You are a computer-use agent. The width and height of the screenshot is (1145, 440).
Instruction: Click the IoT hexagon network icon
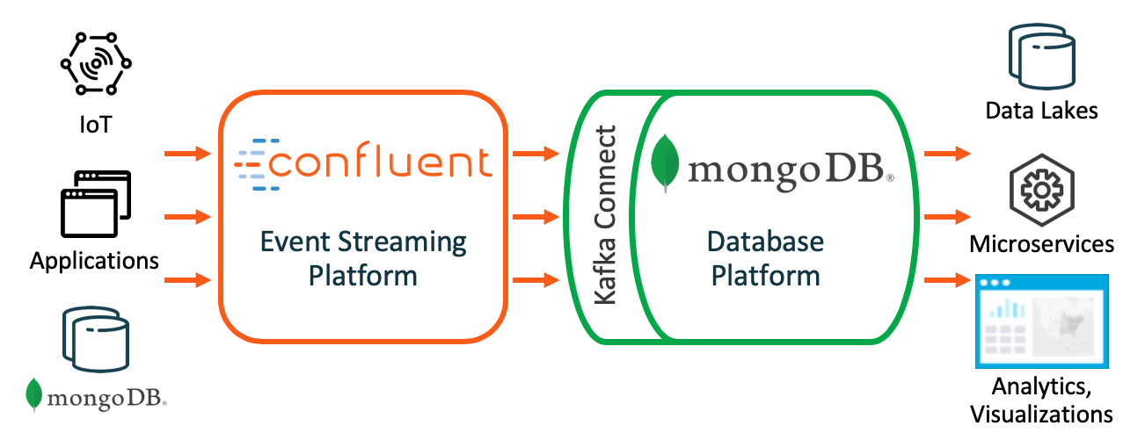[95, 64]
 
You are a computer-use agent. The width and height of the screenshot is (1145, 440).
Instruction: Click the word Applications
[94, 261]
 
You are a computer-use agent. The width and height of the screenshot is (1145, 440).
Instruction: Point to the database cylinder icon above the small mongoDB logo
[95, 337]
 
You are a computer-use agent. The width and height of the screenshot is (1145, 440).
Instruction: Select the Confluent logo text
[362, 164]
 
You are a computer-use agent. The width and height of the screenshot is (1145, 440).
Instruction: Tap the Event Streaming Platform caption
[362, 258]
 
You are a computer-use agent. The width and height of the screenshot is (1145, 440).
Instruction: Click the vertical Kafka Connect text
[605, 215]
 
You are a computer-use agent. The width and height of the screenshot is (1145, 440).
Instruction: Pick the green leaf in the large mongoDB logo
[665, 161]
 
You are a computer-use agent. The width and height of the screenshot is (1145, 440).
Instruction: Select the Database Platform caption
[765, 258]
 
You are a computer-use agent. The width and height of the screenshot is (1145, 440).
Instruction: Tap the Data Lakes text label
[1041, 111]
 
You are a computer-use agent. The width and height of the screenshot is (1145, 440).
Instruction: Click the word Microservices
[1041, 243]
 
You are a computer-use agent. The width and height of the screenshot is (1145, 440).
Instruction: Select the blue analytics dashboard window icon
[1041, 321]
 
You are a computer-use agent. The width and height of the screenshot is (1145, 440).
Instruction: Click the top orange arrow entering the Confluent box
[188, 155]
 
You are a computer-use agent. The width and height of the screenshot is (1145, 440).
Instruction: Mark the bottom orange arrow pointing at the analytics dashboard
[947, 281]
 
